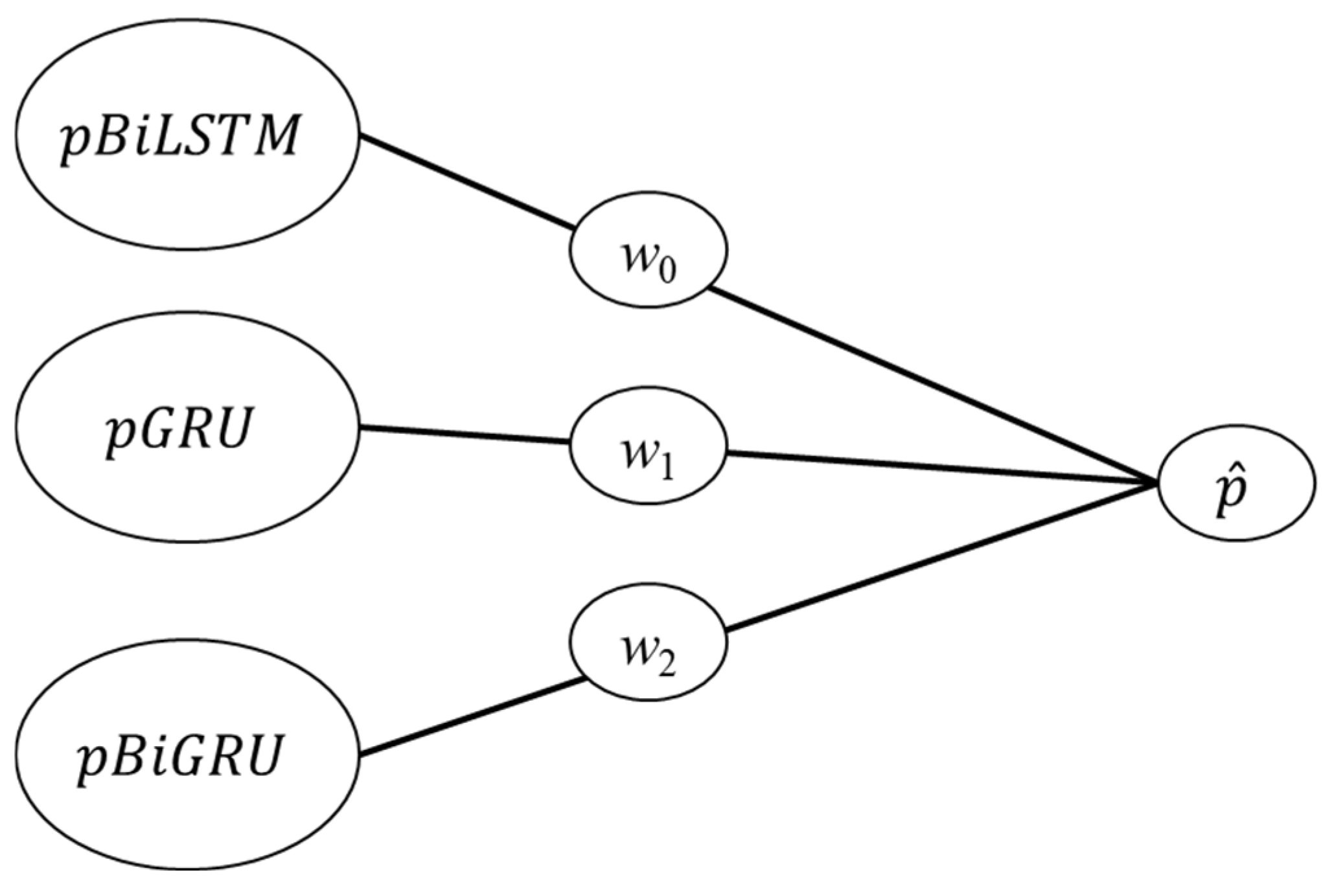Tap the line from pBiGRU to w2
coord(473,716)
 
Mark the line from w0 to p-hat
coord(933,385)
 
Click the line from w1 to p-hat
coord(939,467)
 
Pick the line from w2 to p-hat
coord(939,557)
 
